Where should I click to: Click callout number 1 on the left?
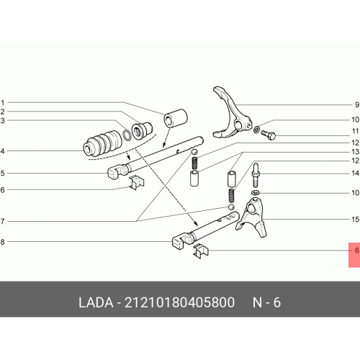[3, 103]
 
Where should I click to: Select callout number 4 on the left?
[2, 151]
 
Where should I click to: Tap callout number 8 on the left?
[2, 242]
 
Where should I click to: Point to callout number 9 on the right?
[357, 104]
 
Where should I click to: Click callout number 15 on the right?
[355, 220]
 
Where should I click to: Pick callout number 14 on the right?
[355, 173]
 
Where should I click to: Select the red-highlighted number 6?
[357, 251]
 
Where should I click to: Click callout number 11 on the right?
[355, 131]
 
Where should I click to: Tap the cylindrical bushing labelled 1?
[176, 118]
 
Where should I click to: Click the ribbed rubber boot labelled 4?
[102, 144]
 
